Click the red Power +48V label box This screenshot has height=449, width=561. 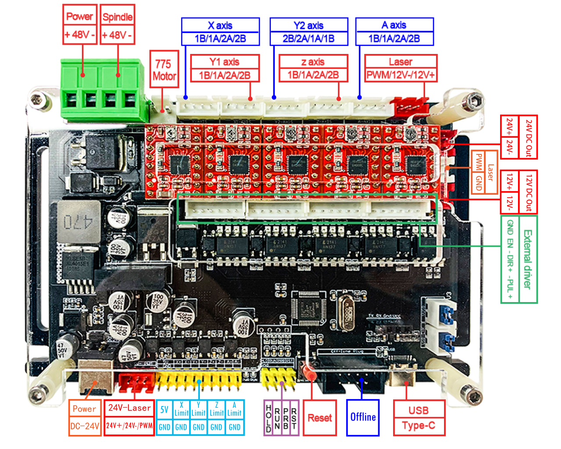coord(80,25)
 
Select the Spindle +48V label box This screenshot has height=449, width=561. coord(117,25)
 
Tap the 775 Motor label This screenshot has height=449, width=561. coord(164,70)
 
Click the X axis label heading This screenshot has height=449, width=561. coord(220,25)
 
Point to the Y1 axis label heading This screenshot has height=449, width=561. coord(224,62)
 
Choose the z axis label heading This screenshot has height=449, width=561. coord(313,62)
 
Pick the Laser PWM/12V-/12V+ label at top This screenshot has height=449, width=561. coord(401,68)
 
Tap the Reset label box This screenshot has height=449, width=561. coord(320,417)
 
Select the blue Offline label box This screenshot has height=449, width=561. coord(363,417)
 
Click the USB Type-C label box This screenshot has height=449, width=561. coord(419,417)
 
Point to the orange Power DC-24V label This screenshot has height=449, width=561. coord(85,417)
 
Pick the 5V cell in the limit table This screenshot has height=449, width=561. coord(164,410)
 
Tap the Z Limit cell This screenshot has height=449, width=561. coord(216,410)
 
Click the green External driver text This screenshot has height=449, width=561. coord(527,259)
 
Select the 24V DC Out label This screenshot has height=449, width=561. coord(529,138)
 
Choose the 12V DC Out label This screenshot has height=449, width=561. coord(529,192)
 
